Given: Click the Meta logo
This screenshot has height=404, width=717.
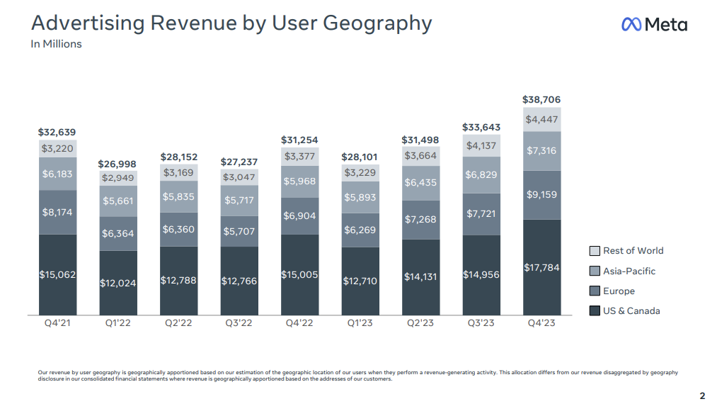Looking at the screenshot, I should [653, 24].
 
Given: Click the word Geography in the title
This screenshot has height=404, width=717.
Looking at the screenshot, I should [377, 23].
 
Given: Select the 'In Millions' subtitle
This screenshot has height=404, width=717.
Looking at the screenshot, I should [56, 44].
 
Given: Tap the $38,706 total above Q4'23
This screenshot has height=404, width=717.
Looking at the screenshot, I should [541, 100].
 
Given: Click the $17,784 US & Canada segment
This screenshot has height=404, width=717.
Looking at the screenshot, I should [541, 267].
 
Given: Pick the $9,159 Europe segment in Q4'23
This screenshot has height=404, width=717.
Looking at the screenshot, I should [541, 194].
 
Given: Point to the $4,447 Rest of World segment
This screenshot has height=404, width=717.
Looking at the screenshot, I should [541, 119].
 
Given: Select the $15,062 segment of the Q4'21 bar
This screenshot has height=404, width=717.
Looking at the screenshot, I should [57, 274].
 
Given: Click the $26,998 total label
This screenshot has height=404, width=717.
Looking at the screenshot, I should [117, 164].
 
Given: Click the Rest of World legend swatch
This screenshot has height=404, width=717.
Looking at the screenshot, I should [595, 251].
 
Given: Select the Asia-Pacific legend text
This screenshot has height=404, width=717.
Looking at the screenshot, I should [629, 271].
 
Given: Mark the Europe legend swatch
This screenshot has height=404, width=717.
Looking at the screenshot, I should [595, 291].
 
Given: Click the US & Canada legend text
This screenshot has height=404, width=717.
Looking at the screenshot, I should [631, 311].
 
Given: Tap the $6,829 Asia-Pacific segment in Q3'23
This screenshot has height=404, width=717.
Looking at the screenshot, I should [481, 174].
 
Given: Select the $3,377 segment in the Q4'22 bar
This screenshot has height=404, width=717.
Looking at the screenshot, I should [299, 157].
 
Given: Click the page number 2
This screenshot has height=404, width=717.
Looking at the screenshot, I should [702, 395].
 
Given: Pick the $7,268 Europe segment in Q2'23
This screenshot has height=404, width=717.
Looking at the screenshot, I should [420, 220].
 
